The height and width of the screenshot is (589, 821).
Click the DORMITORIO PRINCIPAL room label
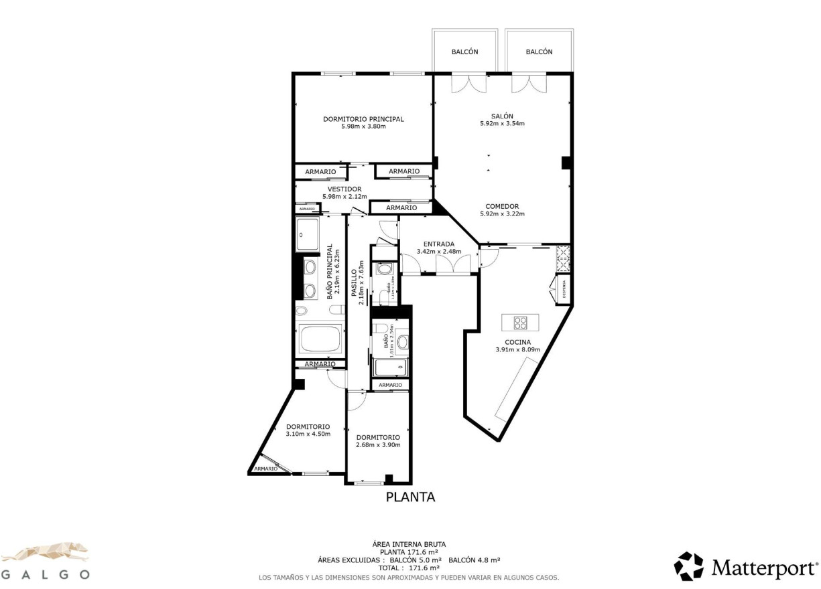pyautogui.click(x=363, y=119)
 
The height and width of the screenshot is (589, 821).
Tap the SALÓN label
pyautogui.click(x=501, y=116)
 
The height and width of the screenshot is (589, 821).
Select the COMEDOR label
pyautogui.click(x=501, y=206)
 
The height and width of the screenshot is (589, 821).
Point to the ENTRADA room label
pyautogui.click(x=439, y=244)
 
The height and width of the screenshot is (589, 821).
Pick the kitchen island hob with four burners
pyautogui.click(x=520, y=323)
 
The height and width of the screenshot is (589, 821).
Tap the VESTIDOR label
pyautogui.click(x=344, y=189)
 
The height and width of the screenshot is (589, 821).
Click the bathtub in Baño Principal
pyautogui.click(x=320, y=339)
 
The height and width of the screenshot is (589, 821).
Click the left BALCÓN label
pyautogui.click(x=464, y=52)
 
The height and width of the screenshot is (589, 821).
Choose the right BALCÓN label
pyautogui.click(x=539, y=52)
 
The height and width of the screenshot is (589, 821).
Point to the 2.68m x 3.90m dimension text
pyautogui.click(x=378, y=445)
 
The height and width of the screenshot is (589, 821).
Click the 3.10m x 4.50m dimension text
pyautogui.click(x=308, y=434)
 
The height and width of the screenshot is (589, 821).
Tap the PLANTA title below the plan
pyautogui.click(x=410, y=497)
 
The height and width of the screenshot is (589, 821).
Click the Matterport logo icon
pyautogui.click(x=688, y=566)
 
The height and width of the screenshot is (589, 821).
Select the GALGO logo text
pyautogui.click(x=45, y=574)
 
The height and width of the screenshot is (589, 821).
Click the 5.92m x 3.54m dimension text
pyautogui.click(x=501, y=123)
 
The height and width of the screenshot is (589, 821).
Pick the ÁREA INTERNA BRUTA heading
pyautogui.click(x=409, y=544)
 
